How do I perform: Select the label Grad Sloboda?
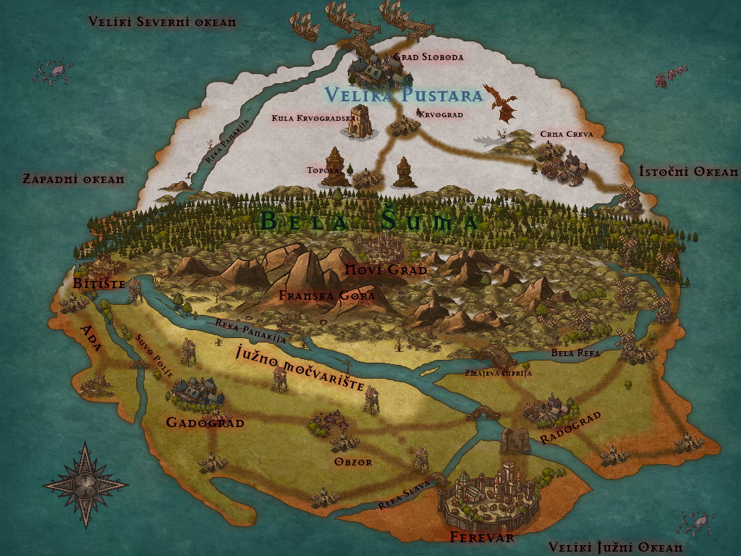click(428, 56)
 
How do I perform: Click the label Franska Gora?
click(326, 295)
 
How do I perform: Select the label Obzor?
click(353, 462)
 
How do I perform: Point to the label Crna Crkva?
click(567, 135)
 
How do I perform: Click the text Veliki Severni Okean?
click(162, 22)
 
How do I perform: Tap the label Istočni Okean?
click(688, 172)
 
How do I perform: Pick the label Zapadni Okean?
click(74, 178)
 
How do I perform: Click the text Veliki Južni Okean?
click(615, 547)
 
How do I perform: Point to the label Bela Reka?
click(576, 353)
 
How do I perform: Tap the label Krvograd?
click(440, 114)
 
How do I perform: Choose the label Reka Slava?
click(405, 494)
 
